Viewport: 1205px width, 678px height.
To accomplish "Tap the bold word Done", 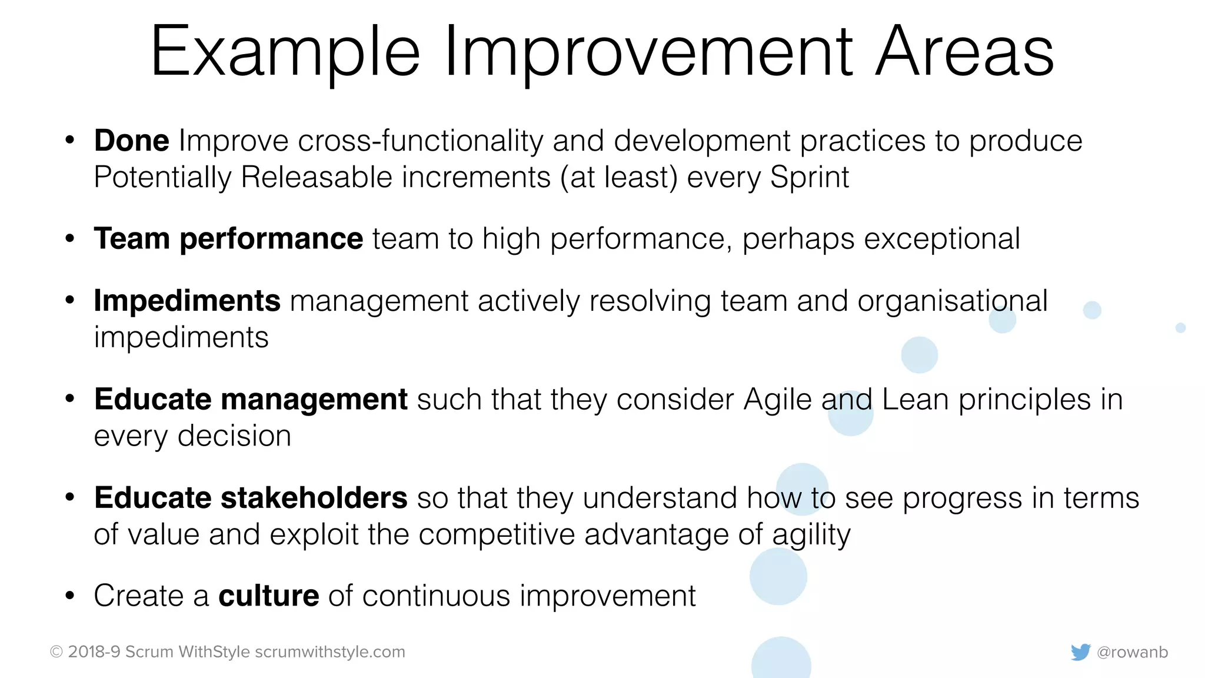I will [132, 141].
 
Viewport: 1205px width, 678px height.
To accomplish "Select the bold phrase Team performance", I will [228, 239].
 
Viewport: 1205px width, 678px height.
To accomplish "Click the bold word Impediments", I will [187, 301].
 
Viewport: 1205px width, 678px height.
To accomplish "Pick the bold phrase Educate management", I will [251, 399].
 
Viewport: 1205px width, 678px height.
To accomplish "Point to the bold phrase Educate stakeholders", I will [251, 498].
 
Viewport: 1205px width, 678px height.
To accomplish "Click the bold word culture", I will [269, 596].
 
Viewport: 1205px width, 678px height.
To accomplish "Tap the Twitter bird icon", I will [1080, 652].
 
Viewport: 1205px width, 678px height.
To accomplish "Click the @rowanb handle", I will [1132, 652].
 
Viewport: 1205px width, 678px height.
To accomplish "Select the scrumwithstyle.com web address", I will [330, 652].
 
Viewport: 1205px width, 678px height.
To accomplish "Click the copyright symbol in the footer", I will [56, 652].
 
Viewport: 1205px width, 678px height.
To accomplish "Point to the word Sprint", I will [809, 178].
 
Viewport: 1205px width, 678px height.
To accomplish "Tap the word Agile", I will [777, 400].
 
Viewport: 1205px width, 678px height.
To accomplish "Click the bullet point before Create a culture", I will [70, 596].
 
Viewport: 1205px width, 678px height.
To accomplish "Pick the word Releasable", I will [317, 178].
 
